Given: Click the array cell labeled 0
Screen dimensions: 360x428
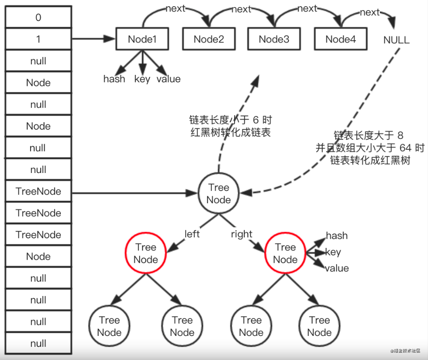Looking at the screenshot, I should (x=38, y=18).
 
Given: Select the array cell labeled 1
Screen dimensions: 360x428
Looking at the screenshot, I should (x=38, y=39).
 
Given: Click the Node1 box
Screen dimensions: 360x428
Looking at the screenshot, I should (x=142, y=39).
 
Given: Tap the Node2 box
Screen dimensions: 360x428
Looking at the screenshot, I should (x=209, y=39).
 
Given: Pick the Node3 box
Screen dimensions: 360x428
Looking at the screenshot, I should (x=274, y=39).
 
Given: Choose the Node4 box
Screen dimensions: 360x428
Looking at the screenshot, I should (x=340, y=39).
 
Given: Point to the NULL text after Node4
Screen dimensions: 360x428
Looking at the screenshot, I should (x=396, y=40).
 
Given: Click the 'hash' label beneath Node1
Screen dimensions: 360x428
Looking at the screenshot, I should (x=114, y=79).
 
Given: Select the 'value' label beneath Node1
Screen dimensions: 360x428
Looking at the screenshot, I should (x=168, y=79).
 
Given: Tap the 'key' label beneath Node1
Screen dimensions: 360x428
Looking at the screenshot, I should (x=142, y=79).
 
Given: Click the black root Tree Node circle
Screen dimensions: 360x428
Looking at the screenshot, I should (x=218, y=194).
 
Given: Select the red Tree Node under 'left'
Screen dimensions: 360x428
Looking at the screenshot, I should (x=145, y=254).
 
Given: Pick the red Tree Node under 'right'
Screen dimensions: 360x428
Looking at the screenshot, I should (x=285, y=254).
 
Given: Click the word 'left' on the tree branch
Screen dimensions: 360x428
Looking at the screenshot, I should (x=192, y=234).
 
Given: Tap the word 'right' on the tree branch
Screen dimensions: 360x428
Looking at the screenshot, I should (x=242, y=234).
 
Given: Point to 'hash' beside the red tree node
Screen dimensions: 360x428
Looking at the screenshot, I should (x=337, y=236).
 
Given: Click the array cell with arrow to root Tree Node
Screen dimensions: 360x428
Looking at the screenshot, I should (x=38, y=191).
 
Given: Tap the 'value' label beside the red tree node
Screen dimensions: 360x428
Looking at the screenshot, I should (x=337, y=268).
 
